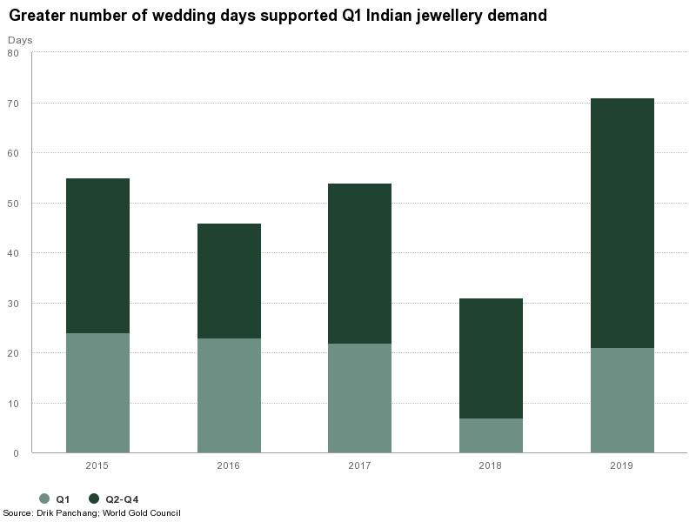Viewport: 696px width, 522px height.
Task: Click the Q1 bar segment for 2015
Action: click(97, 392)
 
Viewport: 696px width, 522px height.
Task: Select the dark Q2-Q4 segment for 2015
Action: click(97, 256)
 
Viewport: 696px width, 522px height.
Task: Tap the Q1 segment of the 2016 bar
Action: click(229, 395)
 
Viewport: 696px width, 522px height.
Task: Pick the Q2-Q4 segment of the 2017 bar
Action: click(359, 264)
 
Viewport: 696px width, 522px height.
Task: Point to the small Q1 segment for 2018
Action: click(491, 435)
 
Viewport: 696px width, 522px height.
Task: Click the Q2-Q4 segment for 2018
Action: click(491, 358)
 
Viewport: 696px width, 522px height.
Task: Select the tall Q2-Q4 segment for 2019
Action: click(622, 224)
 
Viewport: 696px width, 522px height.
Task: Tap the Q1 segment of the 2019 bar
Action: click(622, 400)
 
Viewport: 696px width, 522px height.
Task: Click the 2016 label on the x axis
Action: click(229, 466)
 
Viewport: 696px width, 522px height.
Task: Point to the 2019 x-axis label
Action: click(622, 466)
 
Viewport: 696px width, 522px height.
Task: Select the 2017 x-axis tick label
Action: click(359, 466)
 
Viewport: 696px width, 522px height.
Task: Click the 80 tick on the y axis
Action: click(13, 53)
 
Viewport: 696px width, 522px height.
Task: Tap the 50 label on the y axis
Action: click(13, 204)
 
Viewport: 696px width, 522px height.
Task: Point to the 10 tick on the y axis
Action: click(13, 404)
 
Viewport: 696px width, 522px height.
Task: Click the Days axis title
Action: click(20, 40)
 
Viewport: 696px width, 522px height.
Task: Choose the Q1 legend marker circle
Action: click(44, 499)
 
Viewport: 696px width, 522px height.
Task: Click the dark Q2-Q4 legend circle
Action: click(94, 499)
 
